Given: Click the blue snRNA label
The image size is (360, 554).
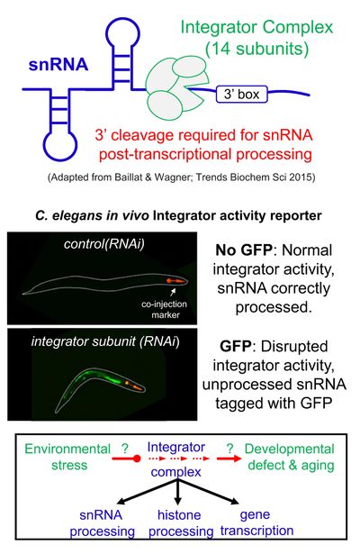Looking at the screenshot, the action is click(58, 65).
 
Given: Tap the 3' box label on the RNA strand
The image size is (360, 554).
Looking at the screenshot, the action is click(242, 95).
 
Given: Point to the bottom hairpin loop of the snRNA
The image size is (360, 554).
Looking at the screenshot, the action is click(60, 144).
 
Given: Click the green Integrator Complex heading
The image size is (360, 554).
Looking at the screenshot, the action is click(256, 28).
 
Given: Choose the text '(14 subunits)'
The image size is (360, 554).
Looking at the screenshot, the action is click(256, 49).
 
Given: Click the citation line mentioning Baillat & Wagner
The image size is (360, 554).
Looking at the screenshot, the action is click(182, 177).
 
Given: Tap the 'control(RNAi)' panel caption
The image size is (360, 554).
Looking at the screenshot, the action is click(104, 244).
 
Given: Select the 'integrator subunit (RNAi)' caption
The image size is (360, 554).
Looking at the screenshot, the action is click(105, 341).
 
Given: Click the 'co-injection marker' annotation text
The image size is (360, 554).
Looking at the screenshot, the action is click(165, 309).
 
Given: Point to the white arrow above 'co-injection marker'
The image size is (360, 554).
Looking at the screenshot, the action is click(173, 292).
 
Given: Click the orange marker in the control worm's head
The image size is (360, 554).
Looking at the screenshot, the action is click(175, 281).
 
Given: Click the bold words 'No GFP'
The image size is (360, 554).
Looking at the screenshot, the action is click(244, 250).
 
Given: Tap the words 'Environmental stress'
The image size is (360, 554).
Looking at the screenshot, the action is click(67, 457).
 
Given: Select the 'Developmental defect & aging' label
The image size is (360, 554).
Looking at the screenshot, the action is click(290, 457).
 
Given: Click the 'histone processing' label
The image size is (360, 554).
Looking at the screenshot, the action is click(180, 522).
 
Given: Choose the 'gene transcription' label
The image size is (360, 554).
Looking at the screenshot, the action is click(256, 522).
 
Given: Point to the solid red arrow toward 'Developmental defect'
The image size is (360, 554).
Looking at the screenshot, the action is click(229, 459).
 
